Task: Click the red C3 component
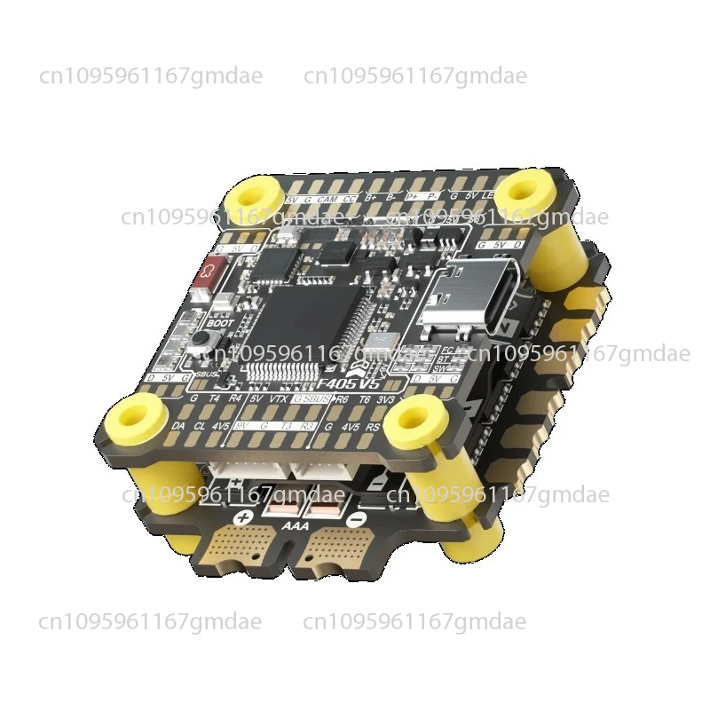click(x=213, y=270)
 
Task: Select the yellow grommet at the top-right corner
click(x=520, y=191)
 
